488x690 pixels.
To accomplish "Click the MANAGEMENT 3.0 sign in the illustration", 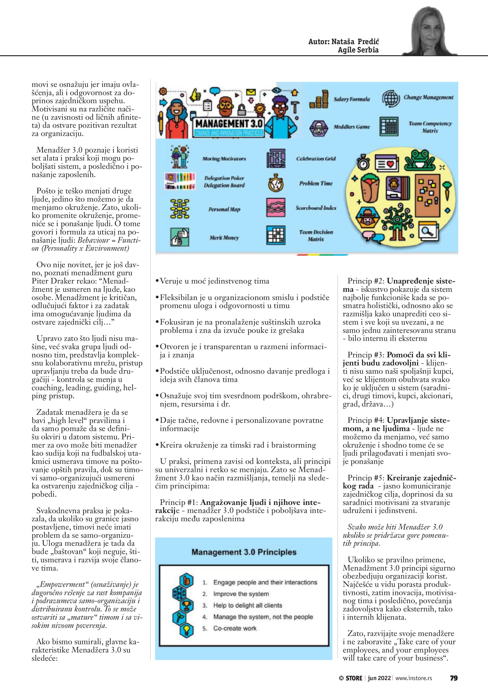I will point(229,124).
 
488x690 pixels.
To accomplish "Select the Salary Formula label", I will point(352,99).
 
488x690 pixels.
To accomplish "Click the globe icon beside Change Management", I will point(391,98).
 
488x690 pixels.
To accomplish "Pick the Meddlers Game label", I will point(352,127).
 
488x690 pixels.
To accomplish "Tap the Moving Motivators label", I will point(224,159).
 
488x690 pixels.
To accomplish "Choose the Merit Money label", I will point(224,238).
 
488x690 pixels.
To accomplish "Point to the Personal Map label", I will point(224,209).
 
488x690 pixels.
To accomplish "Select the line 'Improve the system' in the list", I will point(241,594).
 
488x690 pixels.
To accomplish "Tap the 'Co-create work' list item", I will point(235,628).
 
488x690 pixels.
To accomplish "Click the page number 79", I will point(454,678).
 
